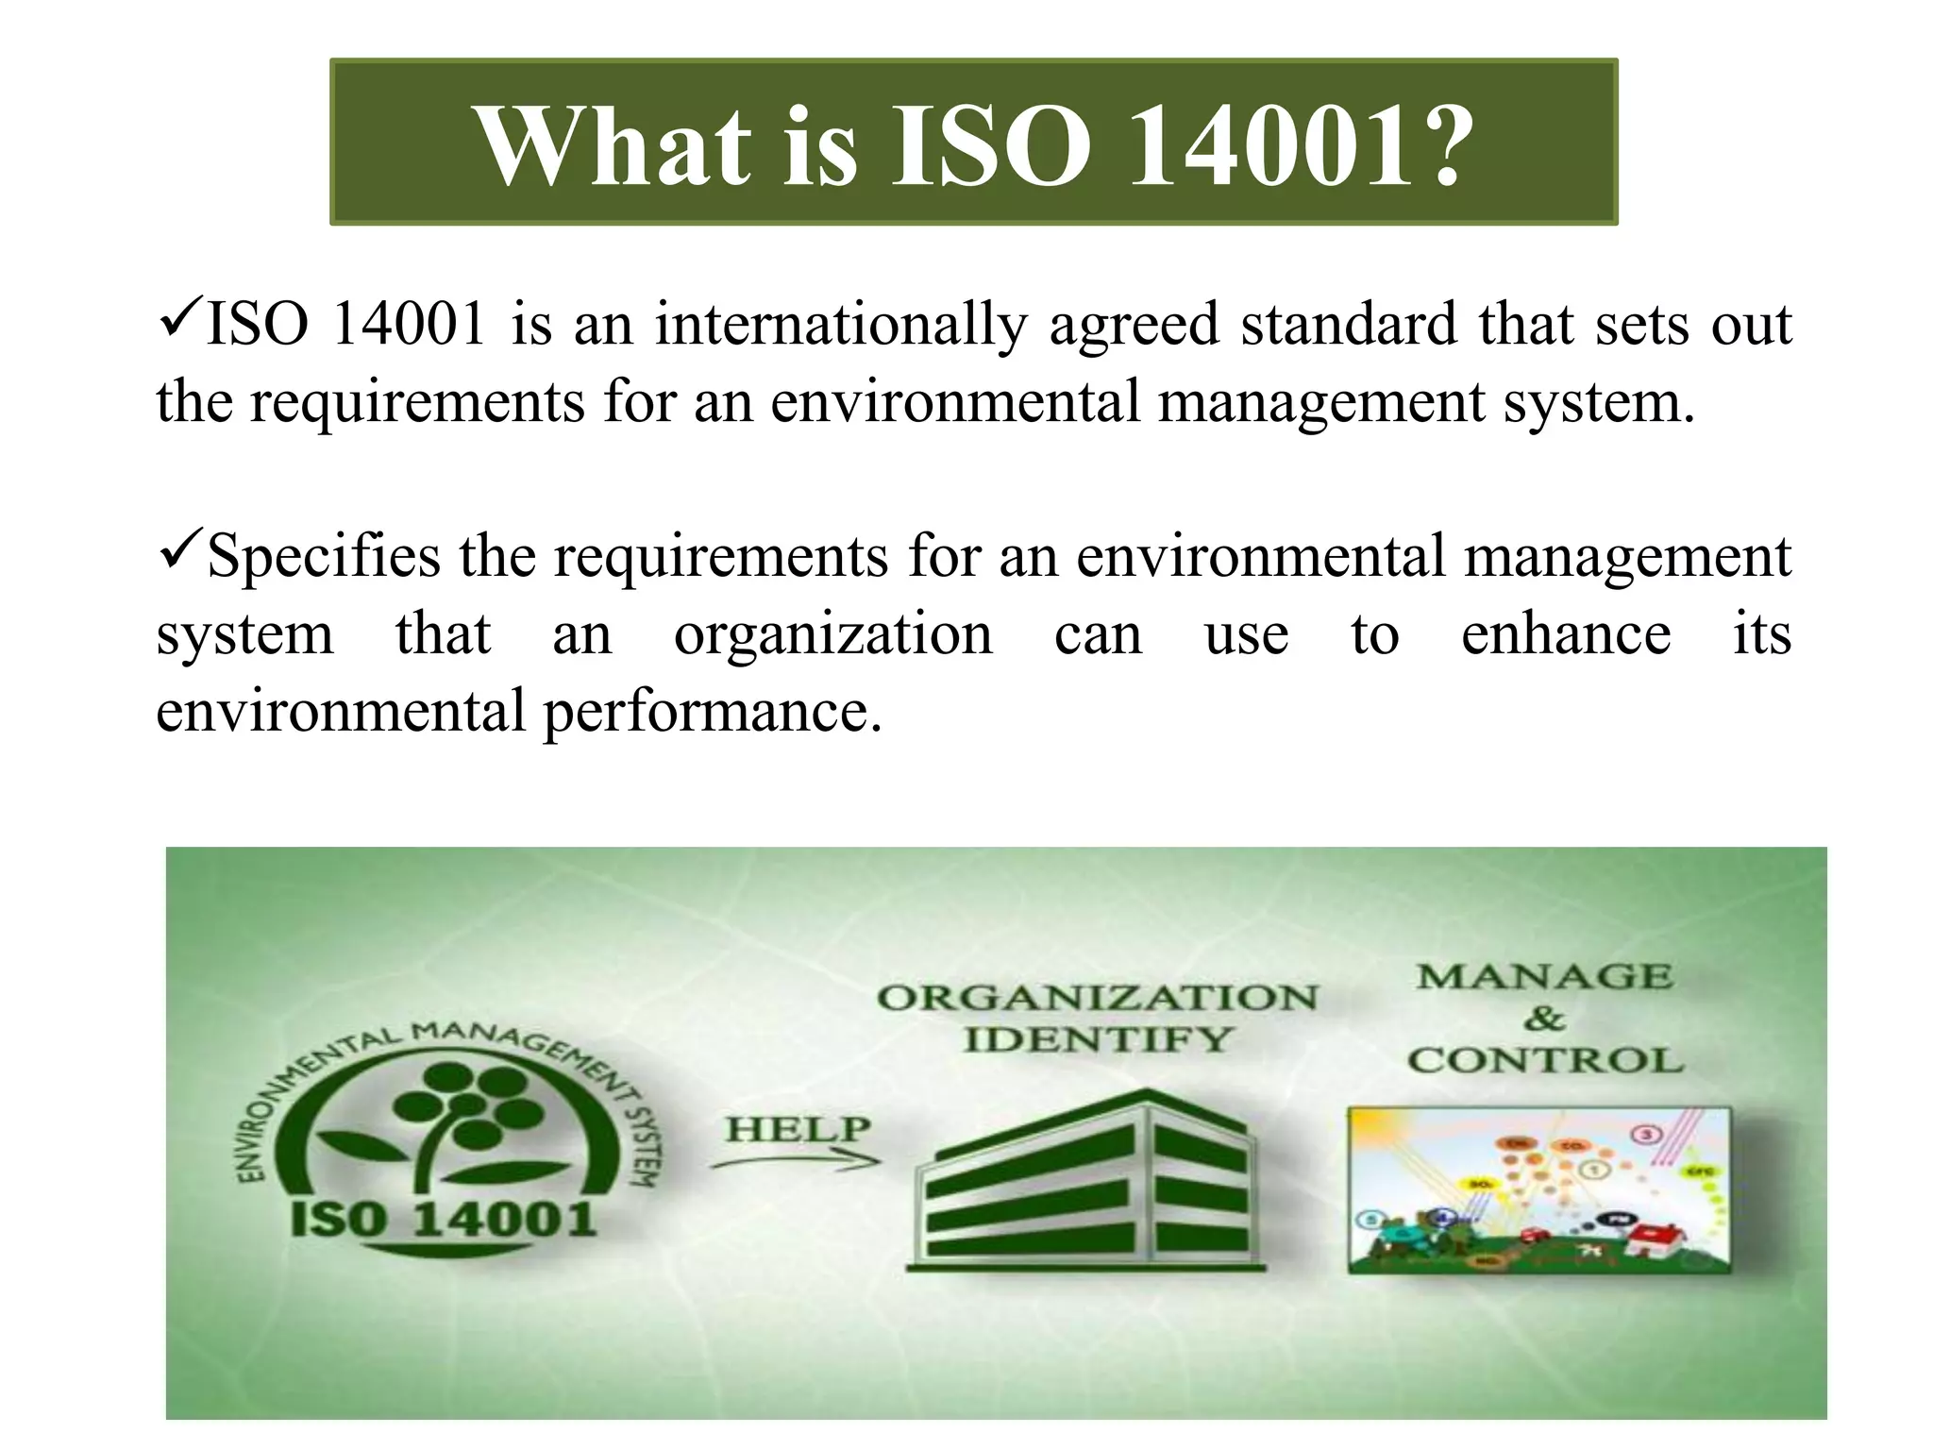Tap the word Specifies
pos(323,557)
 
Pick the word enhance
pos(1565,634)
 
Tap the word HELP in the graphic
pos(798,1128)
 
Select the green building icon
pos(1085,1185)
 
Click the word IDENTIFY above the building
pos(1098,1040)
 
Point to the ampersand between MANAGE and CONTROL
pos(1544,1019)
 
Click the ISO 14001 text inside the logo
pos(444,1219)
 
